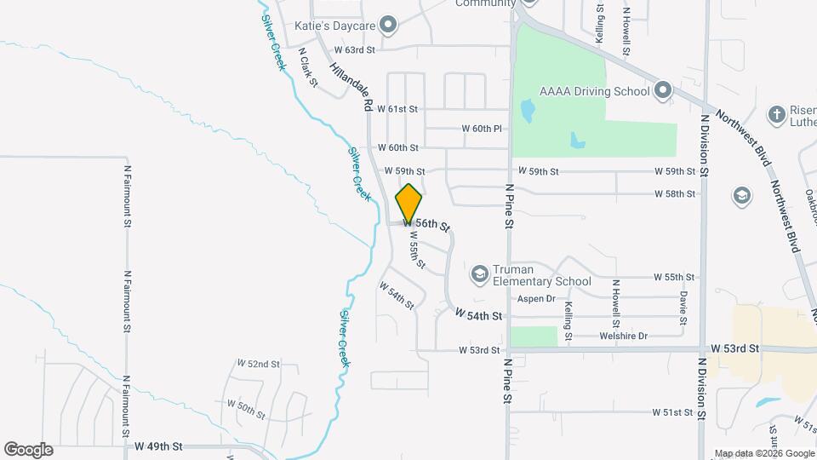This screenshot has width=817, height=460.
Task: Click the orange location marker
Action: point(409,204)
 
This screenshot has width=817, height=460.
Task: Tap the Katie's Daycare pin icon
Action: point(389,25)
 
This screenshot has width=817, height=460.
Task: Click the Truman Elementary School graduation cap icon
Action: point(479,273)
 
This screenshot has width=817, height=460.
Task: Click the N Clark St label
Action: point(307,68)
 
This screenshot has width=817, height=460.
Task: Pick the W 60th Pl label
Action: point(483,129)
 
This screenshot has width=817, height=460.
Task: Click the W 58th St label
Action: point(675,194)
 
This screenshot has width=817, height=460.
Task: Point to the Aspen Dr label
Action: point(536,299)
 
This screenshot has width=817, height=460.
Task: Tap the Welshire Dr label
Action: point(625,336)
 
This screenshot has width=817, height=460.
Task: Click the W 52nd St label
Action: point(259,364)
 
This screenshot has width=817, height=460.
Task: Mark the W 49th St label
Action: point(158,446)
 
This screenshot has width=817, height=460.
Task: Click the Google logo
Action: point(28,450)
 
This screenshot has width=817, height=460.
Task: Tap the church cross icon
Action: point(775,114)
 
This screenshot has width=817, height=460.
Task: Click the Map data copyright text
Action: point(763,453)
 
